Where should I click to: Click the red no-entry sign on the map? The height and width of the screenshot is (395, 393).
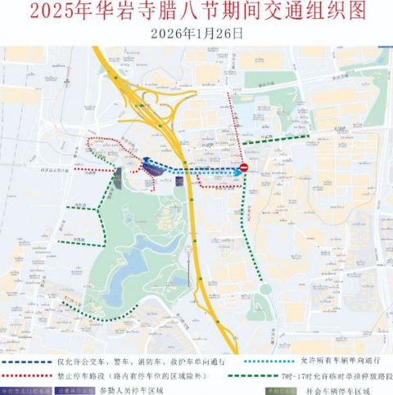pos(244,168)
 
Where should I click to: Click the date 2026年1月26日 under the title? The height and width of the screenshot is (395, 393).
pos(196,33)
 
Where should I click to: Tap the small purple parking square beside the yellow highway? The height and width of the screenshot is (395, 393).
pos(178,179)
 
